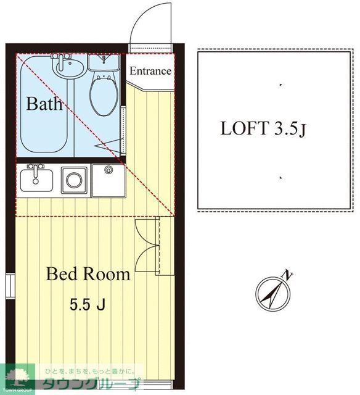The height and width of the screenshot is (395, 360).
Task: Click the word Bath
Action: pos(44,104)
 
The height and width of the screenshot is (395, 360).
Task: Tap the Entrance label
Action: pos(150,71)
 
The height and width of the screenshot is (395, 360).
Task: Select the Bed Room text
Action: pos(88,274)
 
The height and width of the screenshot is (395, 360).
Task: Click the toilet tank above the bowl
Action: pos(104,62)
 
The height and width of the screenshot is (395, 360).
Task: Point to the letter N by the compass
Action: pos(288,275)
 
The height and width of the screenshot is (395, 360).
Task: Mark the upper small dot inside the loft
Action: pos(280,85)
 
